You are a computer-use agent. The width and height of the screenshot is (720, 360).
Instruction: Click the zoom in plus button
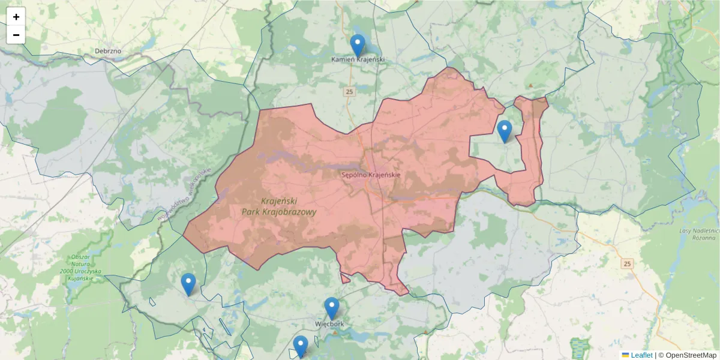(16, 17)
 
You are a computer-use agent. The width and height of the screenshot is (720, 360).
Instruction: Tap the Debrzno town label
(108, 51)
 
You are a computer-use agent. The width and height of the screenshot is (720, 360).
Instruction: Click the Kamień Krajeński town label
(358, 60)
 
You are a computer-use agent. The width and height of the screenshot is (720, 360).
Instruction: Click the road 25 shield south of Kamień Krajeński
(349, 92)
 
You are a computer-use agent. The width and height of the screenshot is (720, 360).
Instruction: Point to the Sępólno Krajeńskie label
(370, 175)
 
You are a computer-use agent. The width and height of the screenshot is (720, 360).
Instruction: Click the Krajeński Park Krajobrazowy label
(279, 206)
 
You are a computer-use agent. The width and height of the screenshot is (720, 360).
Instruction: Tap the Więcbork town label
(329, 324)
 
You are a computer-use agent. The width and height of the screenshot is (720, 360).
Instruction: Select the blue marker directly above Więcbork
(332, 308)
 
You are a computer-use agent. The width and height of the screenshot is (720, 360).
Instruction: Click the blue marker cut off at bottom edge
(301, 346)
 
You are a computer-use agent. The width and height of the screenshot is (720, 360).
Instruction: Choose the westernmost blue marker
(188, 284)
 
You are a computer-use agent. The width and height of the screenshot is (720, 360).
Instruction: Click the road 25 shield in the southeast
(628, 264)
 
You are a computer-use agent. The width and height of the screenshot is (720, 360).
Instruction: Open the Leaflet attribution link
(641, 355)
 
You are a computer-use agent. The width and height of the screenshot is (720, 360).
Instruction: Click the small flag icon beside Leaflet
(625, 355)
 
